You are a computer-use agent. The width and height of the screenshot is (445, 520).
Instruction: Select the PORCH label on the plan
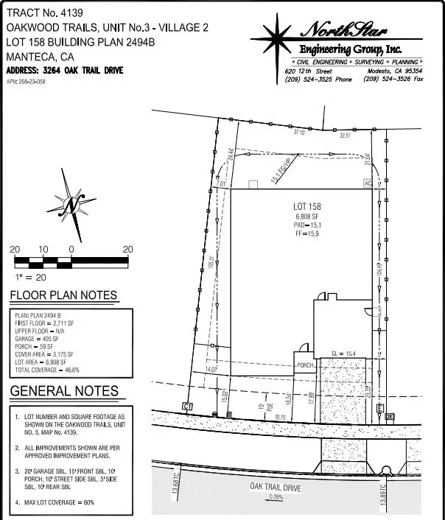point(306,365)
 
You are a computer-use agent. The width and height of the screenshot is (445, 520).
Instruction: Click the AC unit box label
point(367,183)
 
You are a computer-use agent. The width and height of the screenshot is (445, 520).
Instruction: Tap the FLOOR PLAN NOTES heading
point(63,296)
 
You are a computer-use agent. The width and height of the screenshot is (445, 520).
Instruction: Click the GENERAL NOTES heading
point(64,391)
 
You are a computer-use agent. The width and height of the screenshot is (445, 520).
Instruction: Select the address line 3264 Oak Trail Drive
point(64,71)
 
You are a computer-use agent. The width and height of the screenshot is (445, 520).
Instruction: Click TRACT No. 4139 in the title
point(46,11)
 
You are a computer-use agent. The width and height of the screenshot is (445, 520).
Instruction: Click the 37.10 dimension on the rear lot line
point(298,133)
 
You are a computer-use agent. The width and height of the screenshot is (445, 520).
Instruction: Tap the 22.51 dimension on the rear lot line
point(346,136)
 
